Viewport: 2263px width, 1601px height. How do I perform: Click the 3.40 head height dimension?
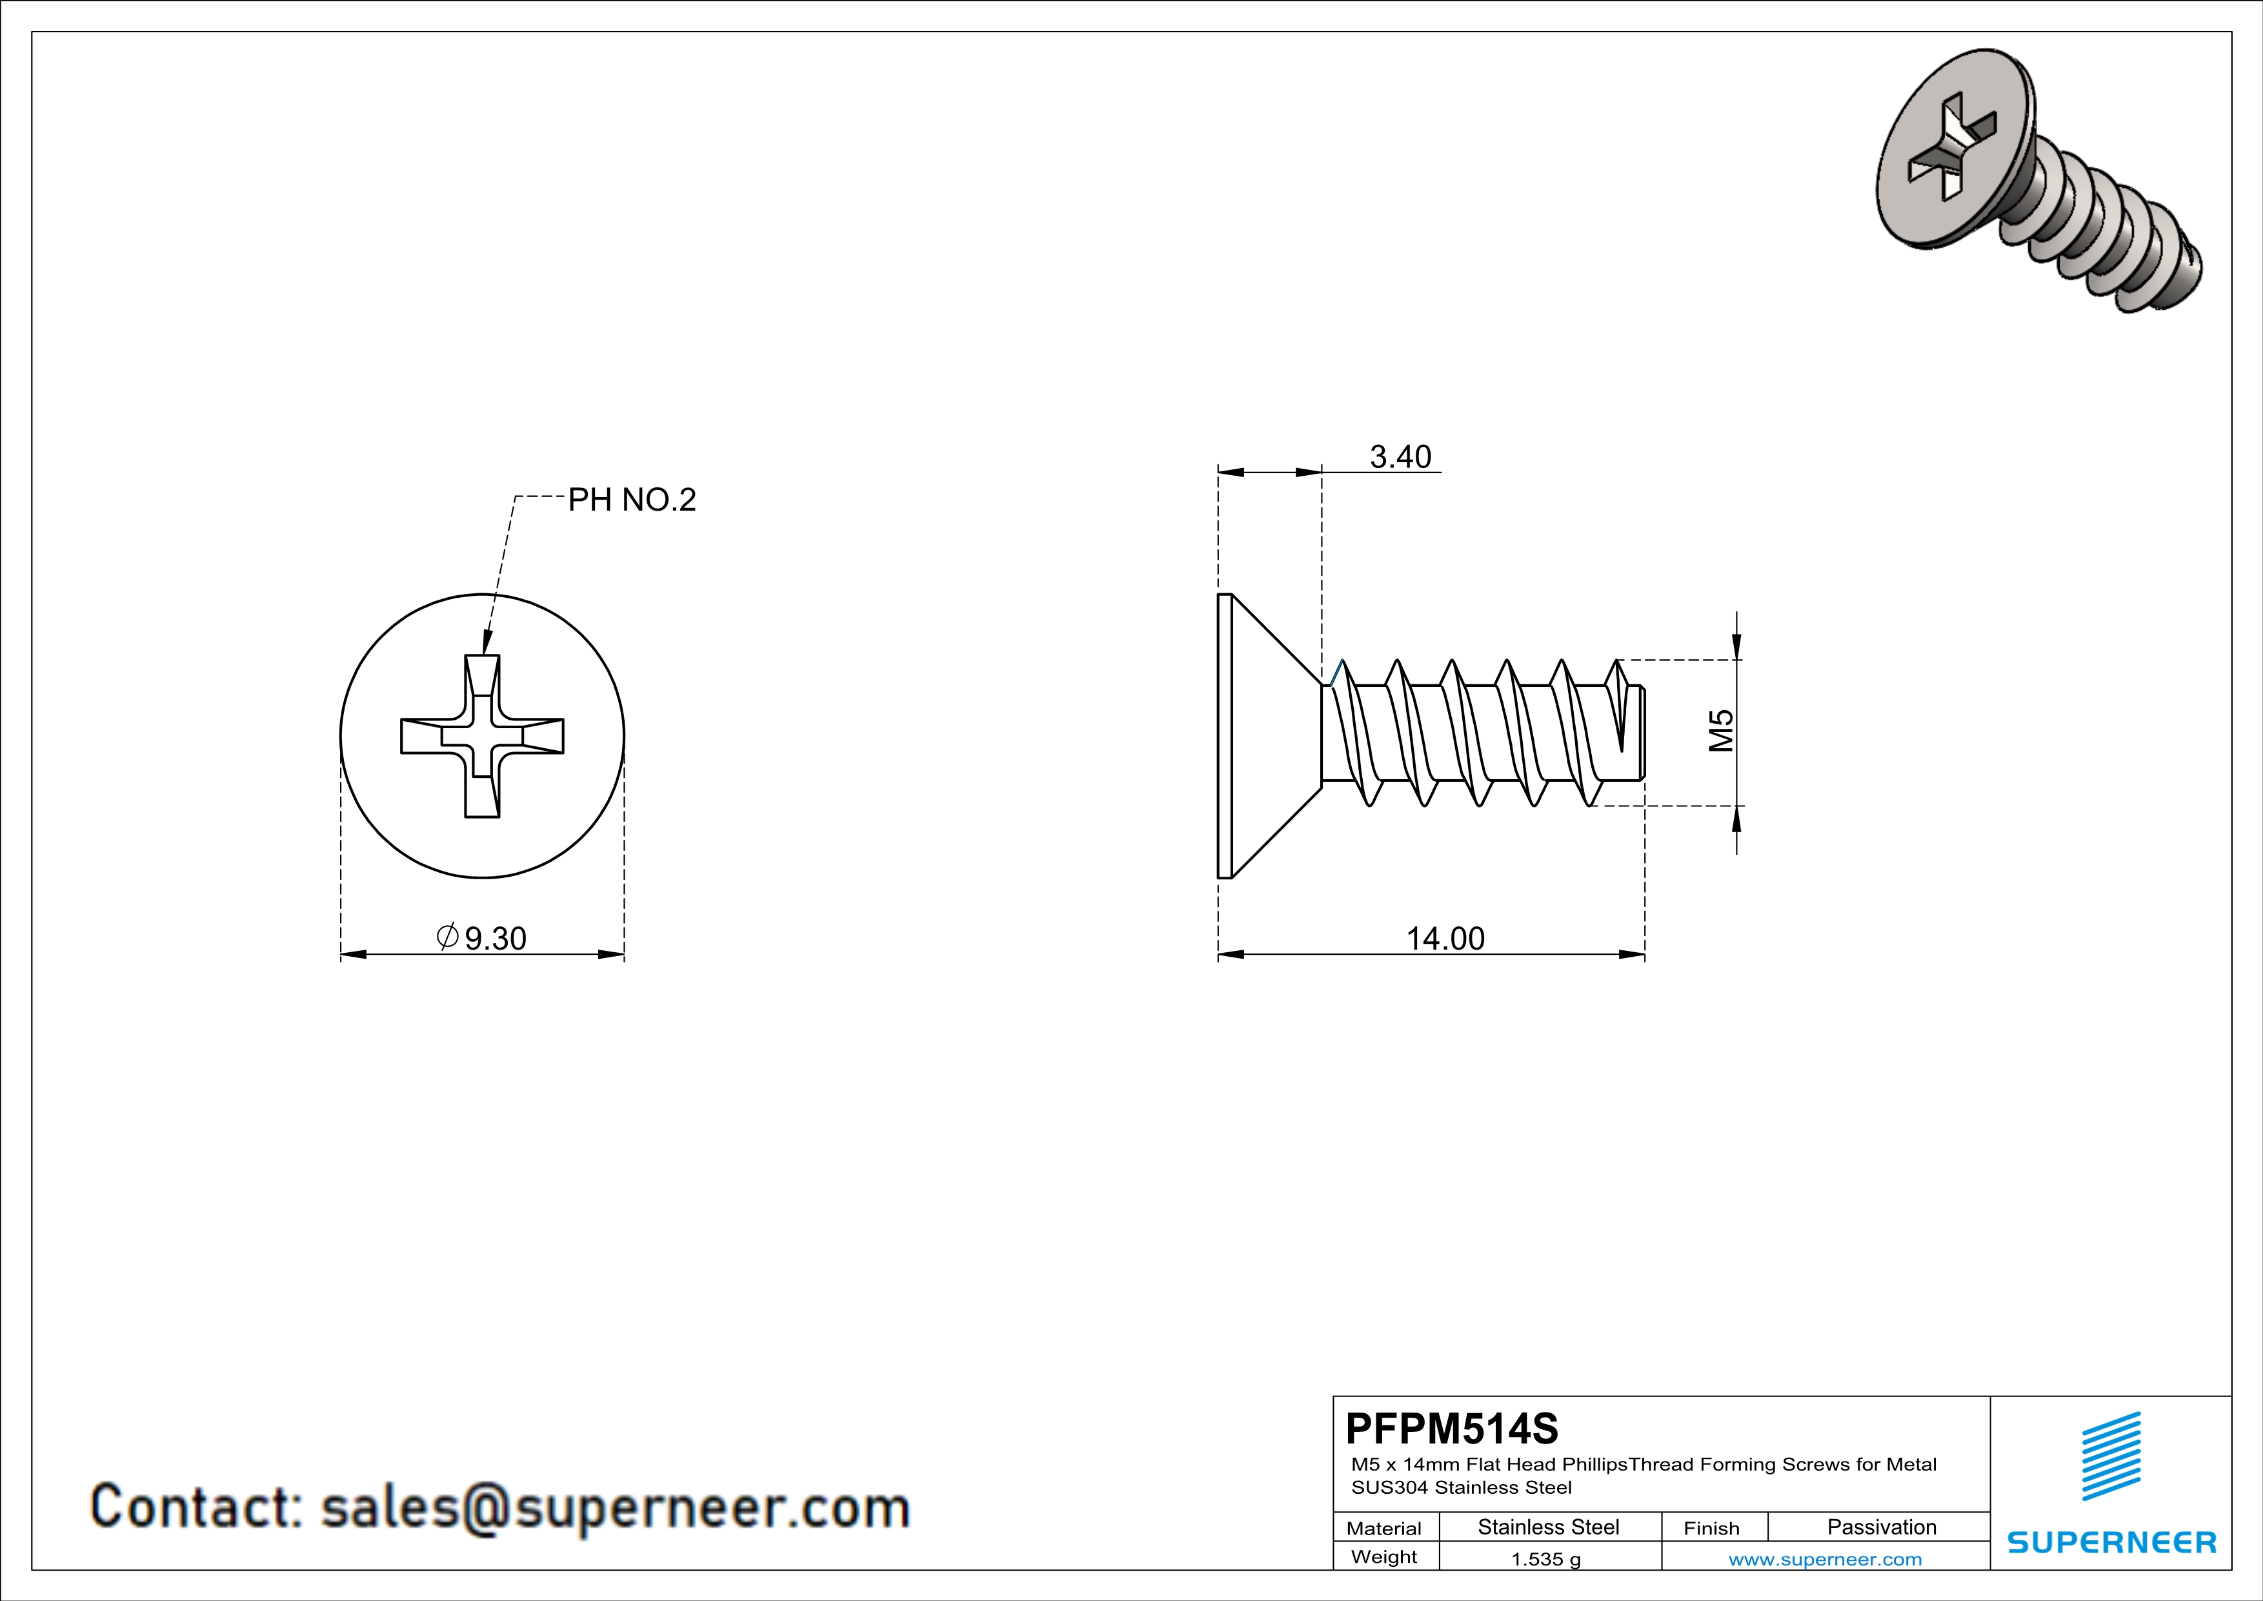tap(1400, 458)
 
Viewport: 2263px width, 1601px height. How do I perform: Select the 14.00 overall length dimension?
tap(1445, 939)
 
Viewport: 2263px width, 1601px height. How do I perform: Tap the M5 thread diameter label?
tap(1721, 731)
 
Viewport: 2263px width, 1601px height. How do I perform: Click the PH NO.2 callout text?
tap(632, 500)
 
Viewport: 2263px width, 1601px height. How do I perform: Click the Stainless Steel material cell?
tap(1549, 1527)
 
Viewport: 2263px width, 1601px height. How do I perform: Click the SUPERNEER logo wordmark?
tap(2111, 1542)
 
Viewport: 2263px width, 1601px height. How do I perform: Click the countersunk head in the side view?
tap(1267, 735)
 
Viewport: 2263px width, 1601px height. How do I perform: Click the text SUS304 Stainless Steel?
tap(1461, 1487)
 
